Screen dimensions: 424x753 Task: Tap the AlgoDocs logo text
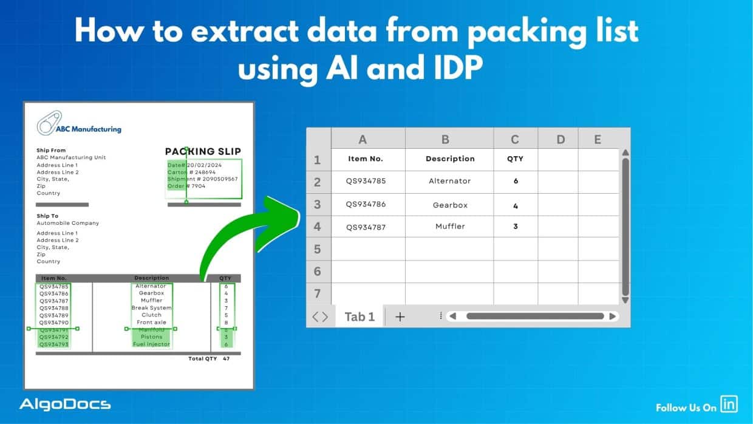pyautogui.click(x=65, y=404)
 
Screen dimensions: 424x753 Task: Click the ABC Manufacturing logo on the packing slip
pyautogui.click(x=79, y=126)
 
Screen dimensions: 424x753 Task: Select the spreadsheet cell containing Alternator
pyautogui.click(x=449, y=181)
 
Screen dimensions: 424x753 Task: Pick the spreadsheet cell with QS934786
pyautogui.click(x=366, y=205)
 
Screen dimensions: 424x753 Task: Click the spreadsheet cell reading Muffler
pyautogui.click(x=450, y=227)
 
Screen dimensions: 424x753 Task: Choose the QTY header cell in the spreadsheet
pyautogui.click(x=515, y=159)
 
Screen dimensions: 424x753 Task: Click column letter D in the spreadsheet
pyautogui.click(x=560, y=139)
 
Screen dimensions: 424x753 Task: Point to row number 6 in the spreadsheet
pyautogui.click(x=317, y=272)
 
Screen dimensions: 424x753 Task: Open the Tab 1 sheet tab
pyautogui.click(x=359, y=316)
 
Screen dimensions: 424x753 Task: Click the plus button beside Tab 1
pyautogui.click(x=400, y=316)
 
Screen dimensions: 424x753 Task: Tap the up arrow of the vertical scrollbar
pyautogui.click(x=625, y=152)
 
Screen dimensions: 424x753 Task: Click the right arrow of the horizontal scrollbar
pyautogui.click(x=613, y=316)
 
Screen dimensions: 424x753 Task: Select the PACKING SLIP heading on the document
pyautogui.click(x=203, y=151)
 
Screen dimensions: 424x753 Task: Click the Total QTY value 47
pyautogui.click(x=226, y=358)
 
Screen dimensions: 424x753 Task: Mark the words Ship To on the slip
pyautogui.click(x=47, y=216)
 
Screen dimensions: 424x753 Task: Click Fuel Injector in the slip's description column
pyautogui.click(x=152, y=344)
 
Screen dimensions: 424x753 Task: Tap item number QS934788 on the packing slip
pyautogui.click(x=54, y=308)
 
